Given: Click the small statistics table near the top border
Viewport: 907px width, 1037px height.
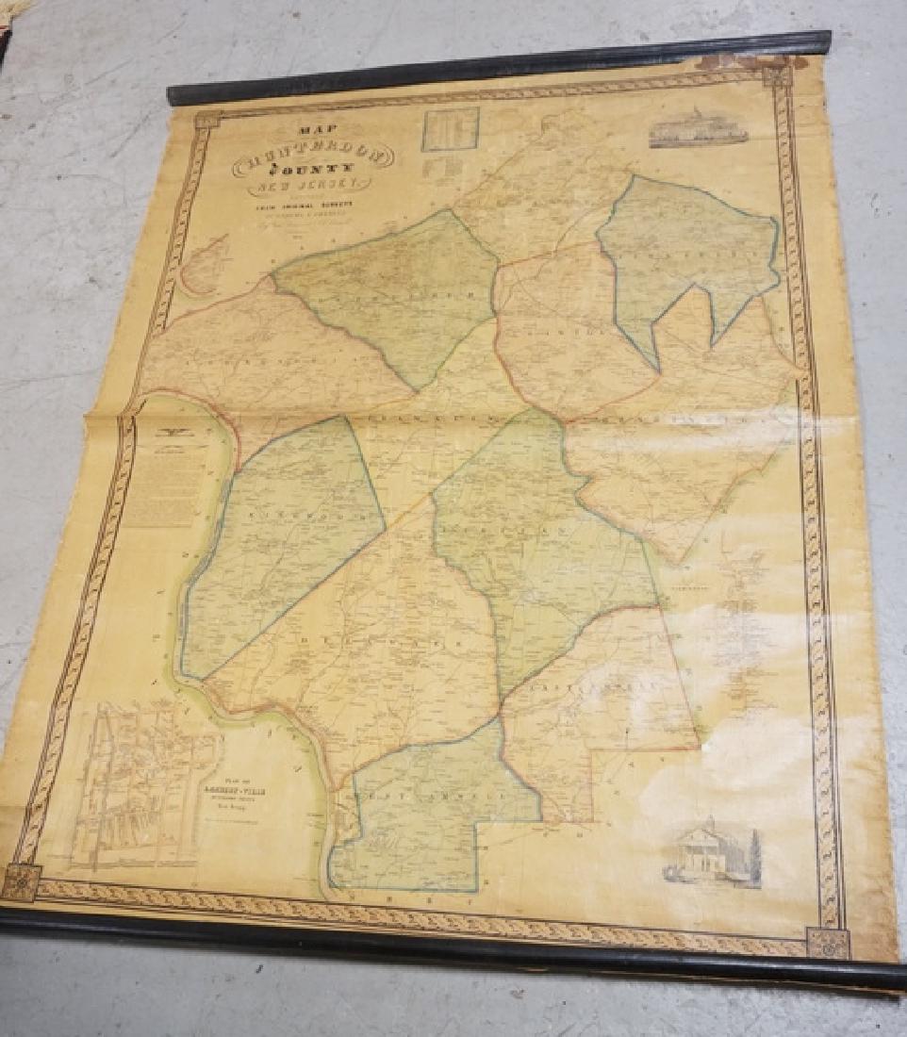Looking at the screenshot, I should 450,129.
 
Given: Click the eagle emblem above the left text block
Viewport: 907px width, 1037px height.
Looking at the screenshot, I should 173,430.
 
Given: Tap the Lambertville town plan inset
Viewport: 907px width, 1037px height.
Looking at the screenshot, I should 141,782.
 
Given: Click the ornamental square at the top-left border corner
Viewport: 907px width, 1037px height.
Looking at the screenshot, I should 206,121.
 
